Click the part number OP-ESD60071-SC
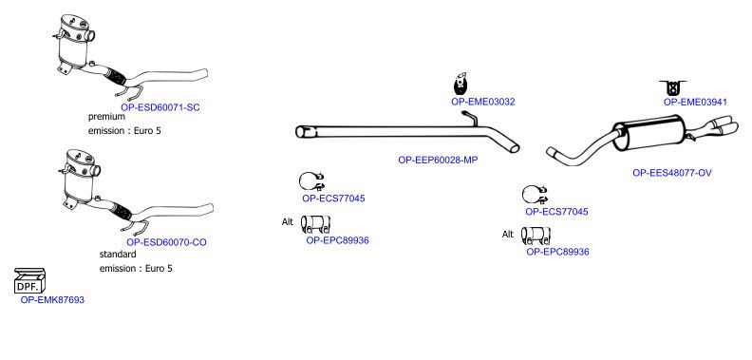point(160,107)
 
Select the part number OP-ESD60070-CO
point(166,242)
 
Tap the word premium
point(106,117)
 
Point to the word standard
point(118,254)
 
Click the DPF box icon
point(29,281)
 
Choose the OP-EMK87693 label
point(52,300)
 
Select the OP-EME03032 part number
point(483,102)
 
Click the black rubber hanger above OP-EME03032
point(461,84)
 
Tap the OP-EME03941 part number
point(695,102)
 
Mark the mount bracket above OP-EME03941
point(673,87)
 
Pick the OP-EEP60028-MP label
point(438,160)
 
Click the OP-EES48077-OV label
point(672,173)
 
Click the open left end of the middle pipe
point(304,131)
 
